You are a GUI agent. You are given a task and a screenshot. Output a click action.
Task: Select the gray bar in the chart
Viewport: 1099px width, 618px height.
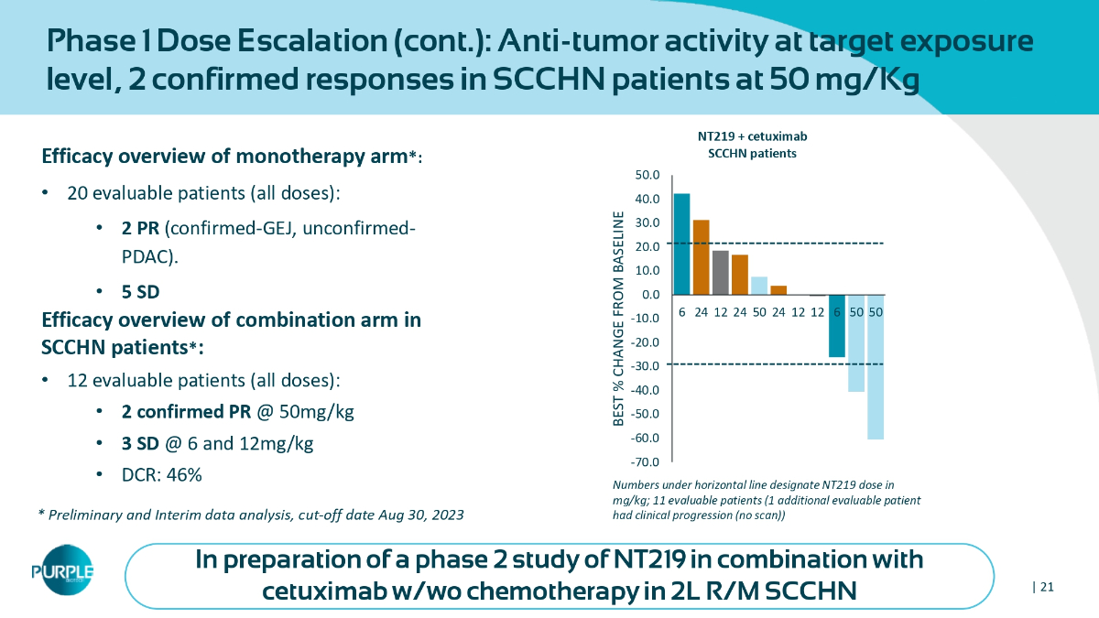(721, 272)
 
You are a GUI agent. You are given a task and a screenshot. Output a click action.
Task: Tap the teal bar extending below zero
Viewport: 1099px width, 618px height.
(837, 326)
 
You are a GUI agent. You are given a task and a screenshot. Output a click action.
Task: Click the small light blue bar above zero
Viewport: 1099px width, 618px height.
(759, 286)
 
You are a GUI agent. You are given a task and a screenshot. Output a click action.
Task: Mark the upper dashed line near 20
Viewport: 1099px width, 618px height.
(778, 243)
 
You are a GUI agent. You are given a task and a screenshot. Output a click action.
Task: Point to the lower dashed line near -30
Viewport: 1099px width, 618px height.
(778, 364)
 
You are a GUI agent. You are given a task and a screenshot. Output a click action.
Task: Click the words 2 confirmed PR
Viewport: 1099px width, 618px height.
(186, 412)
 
